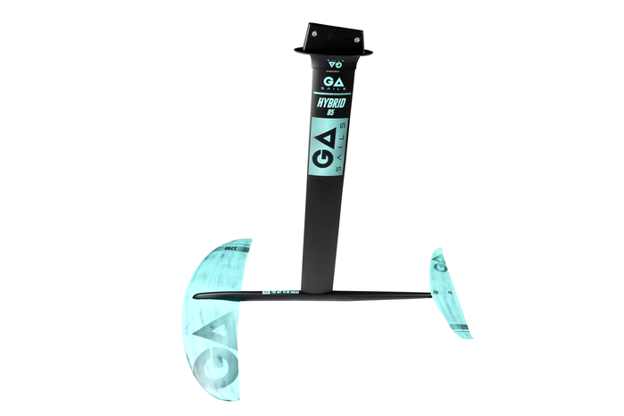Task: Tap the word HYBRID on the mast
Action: pos(331,103)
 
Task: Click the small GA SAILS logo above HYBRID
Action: pos(330,82)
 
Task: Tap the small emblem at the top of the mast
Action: pos(330,63)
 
